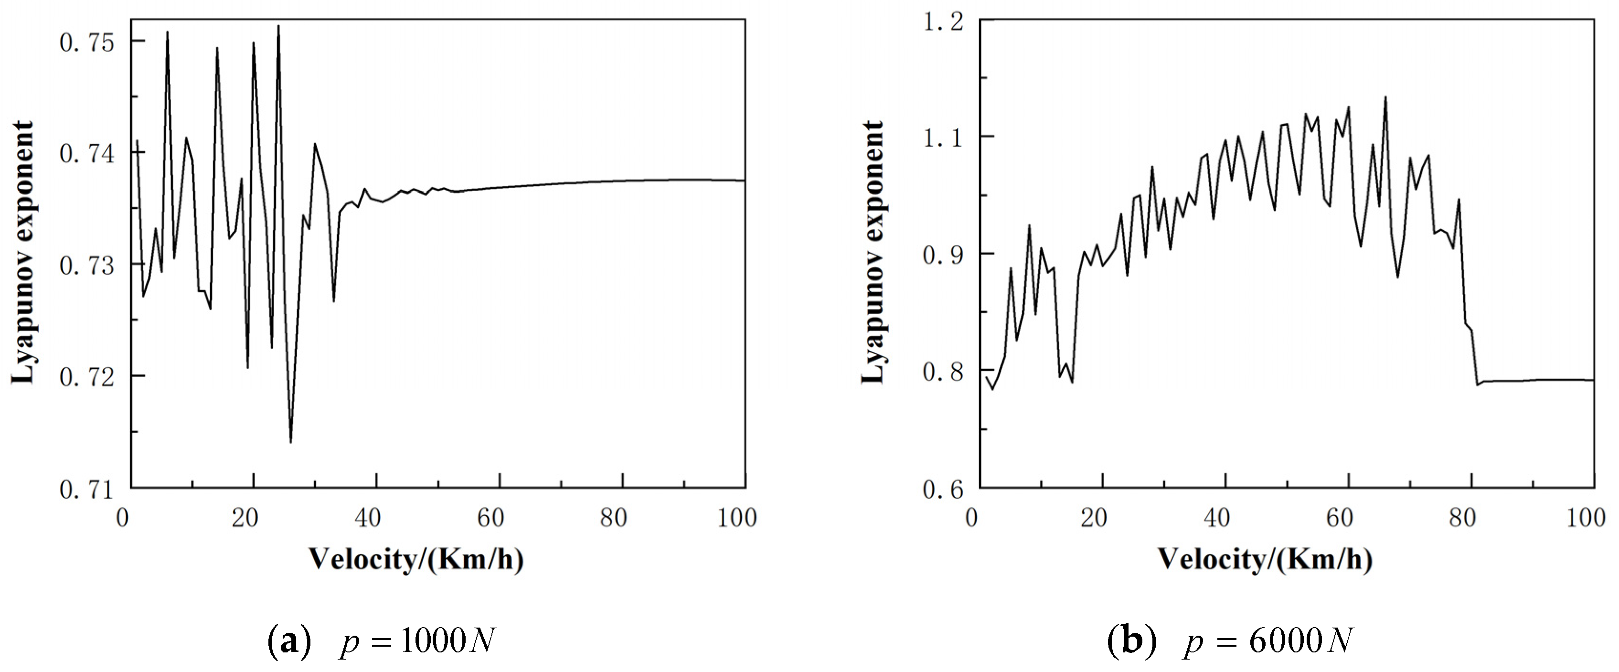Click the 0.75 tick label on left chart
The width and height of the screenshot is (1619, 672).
87,43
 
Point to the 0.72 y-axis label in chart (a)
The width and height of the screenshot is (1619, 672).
87,377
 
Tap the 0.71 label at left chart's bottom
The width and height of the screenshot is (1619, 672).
87,490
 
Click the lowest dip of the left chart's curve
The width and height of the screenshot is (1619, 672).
290,442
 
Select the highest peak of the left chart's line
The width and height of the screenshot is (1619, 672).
278,26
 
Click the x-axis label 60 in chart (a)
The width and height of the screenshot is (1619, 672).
490,518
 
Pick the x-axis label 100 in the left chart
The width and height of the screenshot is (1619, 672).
736,518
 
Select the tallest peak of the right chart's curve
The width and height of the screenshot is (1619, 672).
1385,97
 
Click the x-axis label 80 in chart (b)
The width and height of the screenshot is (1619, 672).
1462,518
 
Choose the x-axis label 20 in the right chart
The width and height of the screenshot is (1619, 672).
1094,518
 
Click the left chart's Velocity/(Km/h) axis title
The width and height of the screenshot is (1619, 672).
416,559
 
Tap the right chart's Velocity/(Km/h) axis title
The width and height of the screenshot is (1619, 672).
1265,559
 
